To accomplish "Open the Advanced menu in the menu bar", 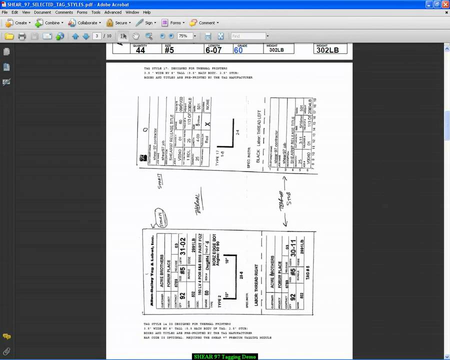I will pos(112,12).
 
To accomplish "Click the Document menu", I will pos(42,12).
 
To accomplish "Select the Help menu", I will pos(146,12).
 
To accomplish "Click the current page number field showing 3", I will pos(97,36).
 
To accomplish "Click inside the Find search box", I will pos(247,36).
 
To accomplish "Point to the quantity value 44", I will pos(140,50).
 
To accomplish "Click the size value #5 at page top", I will pos(169,50).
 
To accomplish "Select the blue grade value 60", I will pos(238,50).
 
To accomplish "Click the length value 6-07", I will pos(213,50).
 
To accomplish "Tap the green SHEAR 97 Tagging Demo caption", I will pos(224,356).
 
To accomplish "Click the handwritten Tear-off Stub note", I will pos(285,200).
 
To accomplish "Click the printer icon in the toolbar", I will pos(21,36).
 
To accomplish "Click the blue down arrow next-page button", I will pos(85,36).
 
